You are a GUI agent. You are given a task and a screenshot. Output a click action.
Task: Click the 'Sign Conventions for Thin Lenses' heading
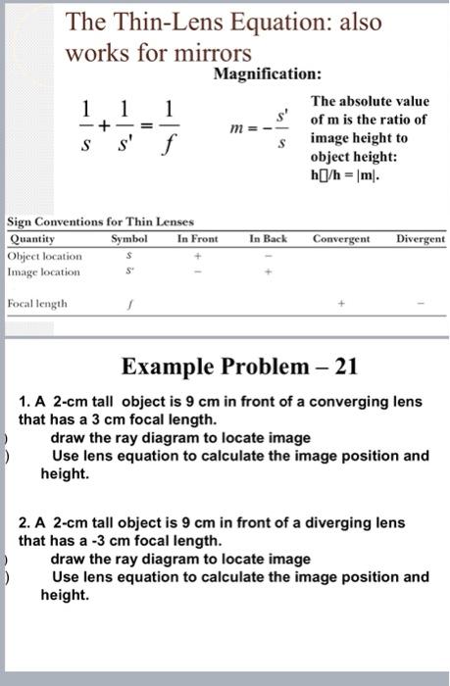[x=101, y=222]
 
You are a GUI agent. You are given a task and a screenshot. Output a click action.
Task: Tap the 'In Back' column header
[x=268, y=238]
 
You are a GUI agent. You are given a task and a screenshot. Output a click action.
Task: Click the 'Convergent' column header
[x=342, y=238]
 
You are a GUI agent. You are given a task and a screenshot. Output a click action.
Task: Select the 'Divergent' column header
[x=421, y=238]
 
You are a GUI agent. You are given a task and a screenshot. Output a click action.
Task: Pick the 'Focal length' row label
[x=38, y=304]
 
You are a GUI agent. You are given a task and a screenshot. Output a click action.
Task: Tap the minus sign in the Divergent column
[x=421, y=305]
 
